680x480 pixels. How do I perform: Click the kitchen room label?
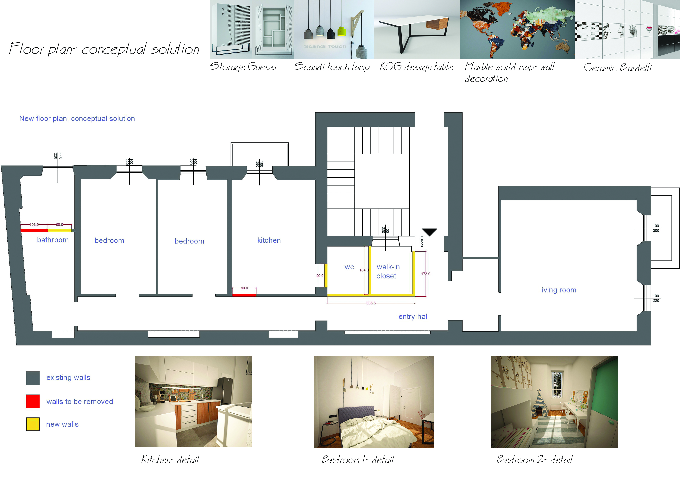click(x=269, y=240)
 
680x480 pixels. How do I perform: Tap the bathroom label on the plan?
click(x=53, y=240)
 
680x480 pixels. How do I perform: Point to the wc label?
click(x=349, y=267)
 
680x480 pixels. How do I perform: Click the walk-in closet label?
click(x=388, y=271)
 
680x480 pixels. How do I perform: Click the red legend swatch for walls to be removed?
click(x=33, y=401)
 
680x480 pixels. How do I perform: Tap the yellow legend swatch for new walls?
click(x=33, y=424)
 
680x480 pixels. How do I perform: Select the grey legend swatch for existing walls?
click(x=33, y=378)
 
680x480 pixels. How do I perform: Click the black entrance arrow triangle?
click(x=429, y=231)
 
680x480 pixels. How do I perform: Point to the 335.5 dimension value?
click(x=371, y=303)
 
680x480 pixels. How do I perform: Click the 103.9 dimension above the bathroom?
click(x=34, y=225)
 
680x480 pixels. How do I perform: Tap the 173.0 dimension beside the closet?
click(x=426, y=274)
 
